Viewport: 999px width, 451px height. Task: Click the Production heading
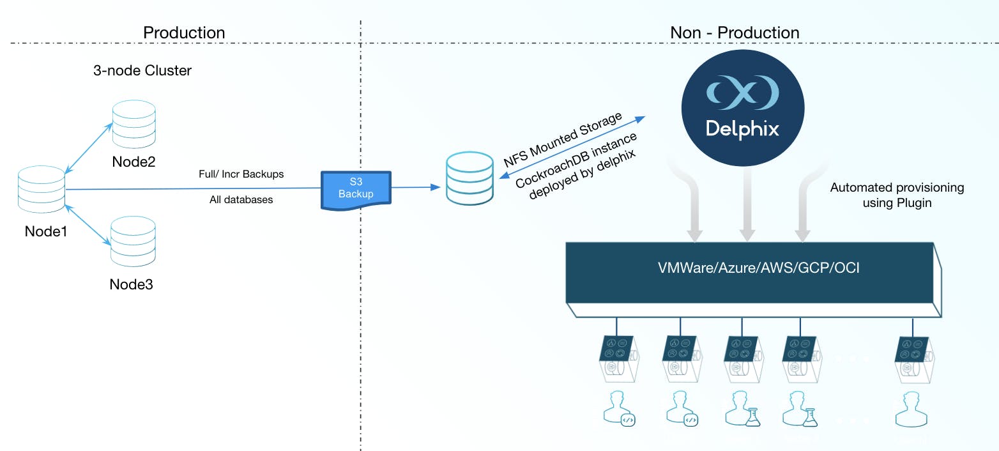(x=184, y=33)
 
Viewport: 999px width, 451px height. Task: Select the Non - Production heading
(x=735, y=33)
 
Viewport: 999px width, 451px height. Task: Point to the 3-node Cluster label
(x=142, y=70)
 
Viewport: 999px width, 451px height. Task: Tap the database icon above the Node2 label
(x=134, y=124)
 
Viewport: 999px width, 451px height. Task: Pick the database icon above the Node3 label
(x=133, y=243)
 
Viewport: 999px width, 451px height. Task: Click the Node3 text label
(x=131, y=284)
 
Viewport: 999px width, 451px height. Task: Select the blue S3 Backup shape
(x=355, y=188)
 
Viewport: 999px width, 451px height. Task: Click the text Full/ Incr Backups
(x=241, y=174)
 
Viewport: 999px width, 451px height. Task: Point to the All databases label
(x=241, y=200)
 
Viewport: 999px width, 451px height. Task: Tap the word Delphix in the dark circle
(x=742, y=129)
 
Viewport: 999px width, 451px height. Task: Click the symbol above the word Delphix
(x=742, y=93)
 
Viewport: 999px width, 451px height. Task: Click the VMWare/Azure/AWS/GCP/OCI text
(x=759, y=268)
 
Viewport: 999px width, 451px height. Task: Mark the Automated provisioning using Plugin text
(x=896, y=195)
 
